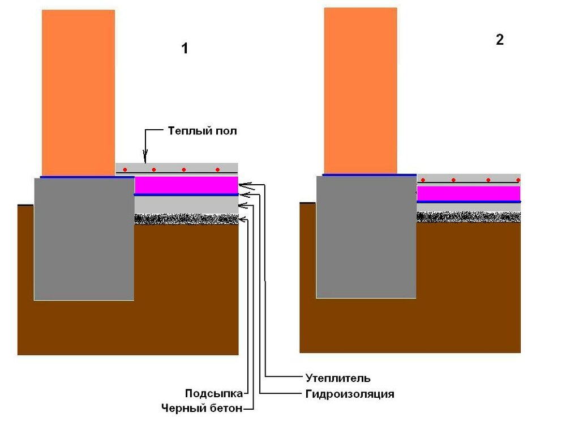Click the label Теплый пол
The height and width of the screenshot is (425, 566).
(x=202, y=131)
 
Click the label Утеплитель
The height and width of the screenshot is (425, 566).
(x=337, y=377)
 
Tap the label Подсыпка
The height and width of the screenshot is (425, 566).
(x=214, y=394)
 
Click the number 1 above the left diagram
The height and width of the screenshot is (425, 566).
(x=184, y=49)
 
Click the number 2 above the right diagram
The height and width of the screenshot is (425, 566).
(x=499, y=40)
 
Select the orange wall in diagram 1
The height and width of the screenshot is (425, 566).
(x=78, y=91)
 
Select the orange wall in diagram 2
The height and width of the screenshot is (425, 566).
(x=360, y=91)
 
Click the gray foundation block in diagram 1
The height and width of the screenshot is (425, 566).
(x=84, y=238)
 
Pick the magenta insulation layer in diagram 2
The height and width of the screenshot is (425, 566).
(x=469, y=193)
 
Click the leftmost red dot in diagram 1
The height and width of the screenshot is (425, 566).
(x=125, y=169)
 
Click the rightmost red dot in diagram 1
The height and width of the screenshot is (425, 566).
(x=217, y=169)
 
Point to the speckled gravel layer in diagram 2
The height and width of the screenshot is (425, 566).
(x=469, y=216)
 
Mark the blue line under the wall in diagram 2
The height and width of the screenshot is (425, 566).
(x=369, y=175)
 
